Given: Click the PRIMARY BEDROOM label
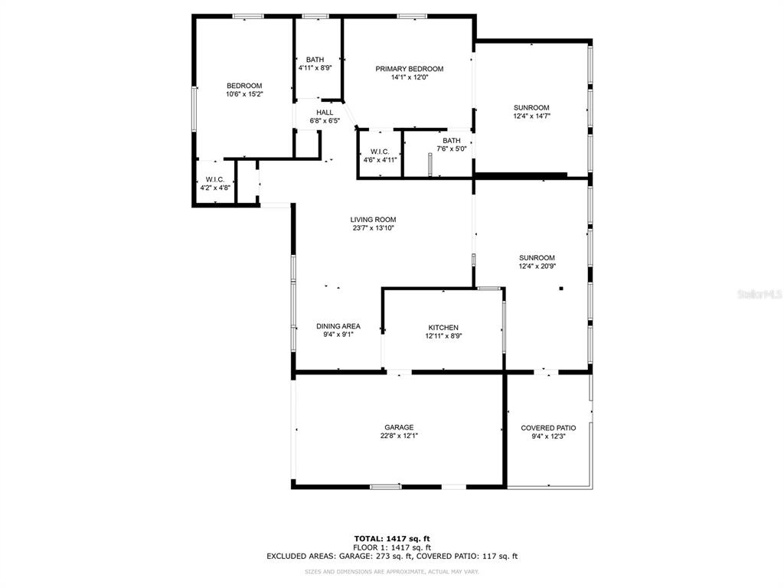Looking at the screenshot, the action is (410, 69).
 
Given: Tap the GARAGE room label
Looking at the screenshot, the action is (399, 427).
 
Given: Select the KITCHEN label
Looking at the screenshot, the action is (443, 328).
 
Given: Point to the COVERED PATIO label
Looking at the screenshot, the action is (548, 428).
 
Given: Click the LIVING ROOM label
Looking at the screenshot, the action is (373, 220).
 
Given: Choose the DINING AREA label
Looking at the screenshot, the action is (338, 326).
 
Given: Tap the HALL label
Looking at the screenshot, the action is (325, 113).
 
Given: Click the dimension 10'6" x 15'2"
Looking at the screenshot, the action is (244, 94).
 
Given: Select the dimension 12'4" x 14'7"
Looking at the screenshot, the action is (531, 116).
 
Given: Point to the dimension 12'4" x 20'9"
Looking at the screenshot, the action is (537, 266).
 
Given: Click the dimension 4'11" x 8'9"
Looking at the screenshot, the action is (315, 68).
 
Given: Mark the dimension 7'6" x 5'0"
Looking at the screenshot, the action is (452, 149).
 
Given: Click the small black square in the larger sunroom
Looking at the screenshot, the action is (561, 288).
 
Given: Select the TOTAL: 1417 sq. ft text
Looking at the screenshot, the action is (392, 538).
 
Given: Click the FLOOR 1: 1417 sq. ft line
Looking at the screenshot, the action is (392, 547).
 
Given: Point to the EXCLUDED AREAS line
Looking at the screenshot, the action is (392, 556).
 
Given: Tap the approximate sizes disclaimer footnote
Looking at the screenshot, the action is (392, 571).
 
